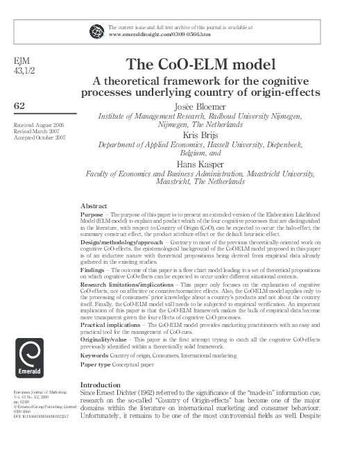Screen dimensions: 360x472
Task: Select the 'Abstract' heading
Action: click(x=93, y=207)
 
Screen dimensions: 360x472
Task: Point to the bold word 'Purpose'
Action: click(x=94, y=215)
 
